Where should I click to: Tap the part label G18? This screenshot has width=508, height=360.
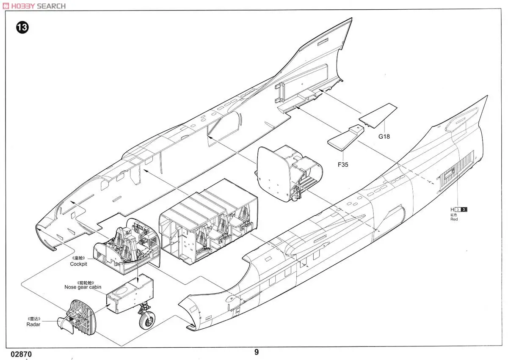click(x=384, y=136)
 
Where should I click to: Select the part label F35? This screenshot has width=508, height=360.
click(x=343, y=164)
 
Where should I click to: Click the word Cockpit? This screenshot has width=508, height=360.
click(x=79, y=264)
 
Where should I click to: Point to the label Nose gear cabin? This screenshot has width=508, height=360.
click(x=83, y=287)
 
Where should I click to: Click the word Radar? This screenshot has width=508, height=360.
click(x=33, y=324)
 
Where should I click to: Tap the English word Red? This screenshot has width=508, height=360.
click(x=454, y=219)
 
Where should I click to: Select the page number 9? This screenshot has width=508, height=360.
click(x=257, y=352)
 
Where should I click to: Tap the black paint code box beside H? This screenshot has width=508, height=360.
click(x=464, y=209)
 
